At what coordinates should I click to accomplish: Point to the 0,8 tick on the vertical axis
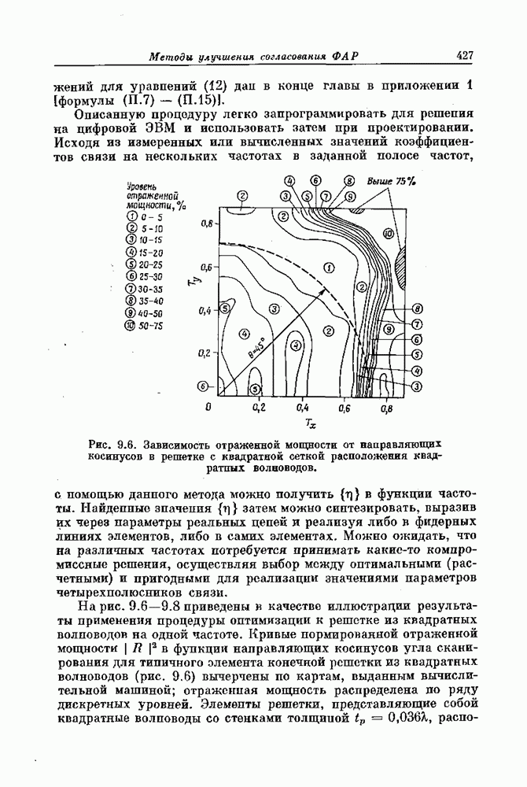click(x=207, y=223)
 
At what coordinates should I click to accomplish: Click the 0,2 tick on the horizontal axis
click(x=259, y=408)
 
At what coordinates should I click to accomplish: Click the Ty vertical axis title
click(x=194, y=278)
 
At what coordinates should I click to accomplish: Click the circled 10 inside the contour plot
click(x=387, y=234)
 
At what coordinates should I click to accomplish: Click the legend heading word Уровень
click(x=141, y=186)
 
